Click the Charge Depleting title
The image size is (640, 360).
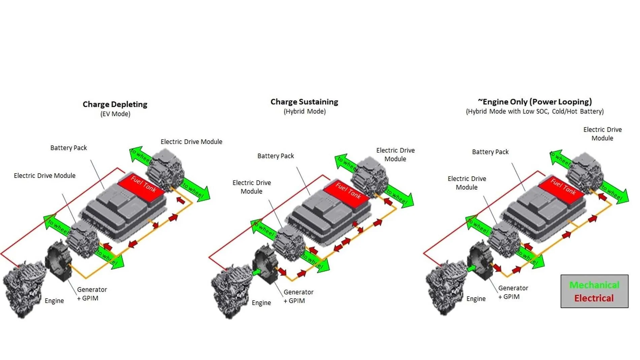pyautogui.click(x=115, y=104)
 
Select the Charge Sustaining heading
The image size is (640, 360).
pyautogui.click(x=304, y=102)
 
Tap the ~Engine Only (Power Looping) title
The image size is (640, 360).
pyautogui.click(x=535, y=102)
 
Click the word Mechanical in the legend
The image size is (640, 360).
pyautogui.click(x=594, y=285)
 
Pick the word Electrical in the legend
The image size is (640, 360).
pyautogui.click(x=594, y=298)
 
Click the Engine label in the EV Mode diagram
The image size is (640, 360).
pyautogui.click(x=54, y=301)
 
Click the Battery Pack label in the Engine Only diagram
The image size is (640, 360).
pyautogui.click(x=490, y=152)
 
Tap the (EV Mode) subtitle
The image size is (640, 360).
pyautogui.click(x=115, y=114)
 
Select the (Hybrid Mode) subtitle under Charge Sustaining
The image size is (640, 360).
pyautogui.click(x=305, y=112)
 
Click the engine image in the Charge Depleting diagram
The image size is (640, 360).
pyautogui.click(x=24, y=288)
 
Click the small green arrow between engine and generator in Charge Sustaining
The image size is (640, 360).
pyautogui.click(x=256, y=272)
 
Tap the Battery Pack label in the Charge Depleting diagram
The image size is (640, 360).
pyautogui.click(x=68, y=148)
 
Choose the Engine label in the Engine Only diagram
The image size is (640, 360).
pyautogui.click(x=476, y=299)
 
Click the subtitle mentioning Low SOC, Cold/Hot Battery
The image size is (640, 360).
pyautogui.click(x=535, y=112)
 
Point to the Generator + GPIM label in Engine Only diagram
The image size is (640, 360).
pyautogui.click(x=513, y=292)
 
